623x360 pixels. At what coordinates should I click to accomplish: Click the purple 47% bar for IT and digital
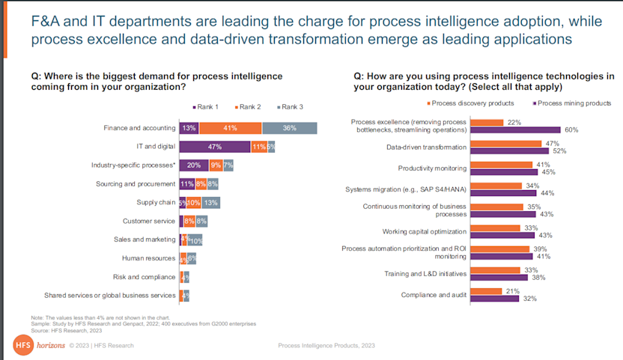click(x=215, y=147)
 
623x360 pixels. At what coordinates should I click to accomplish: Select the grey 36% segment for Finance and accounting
click(x=289, y=128)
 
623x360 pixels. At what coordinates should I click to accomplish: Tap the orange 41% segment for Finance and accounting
click(x=231, y=128)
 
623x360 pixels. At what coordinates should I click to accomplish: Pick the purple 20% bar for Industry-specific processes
click(x=194, y=165)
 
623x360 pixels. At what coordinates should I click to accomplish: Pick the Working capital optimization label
click(x=425, y=231)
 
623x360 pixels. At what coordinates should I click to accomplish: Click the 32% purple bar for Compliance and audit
click(x=499, y=298)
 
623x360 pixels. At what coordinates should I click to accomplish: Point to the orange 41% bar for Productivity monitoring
click(x=505, y=164)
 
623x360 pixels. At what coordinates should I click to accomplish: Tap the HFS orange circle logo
click(x=22, y=345)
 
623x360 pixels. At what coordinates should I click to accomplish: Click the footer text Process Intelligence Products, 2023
click(x=326, y=346)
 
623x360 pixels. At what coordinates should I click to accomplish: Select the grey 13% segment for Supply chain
click(x=210, y=202)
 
